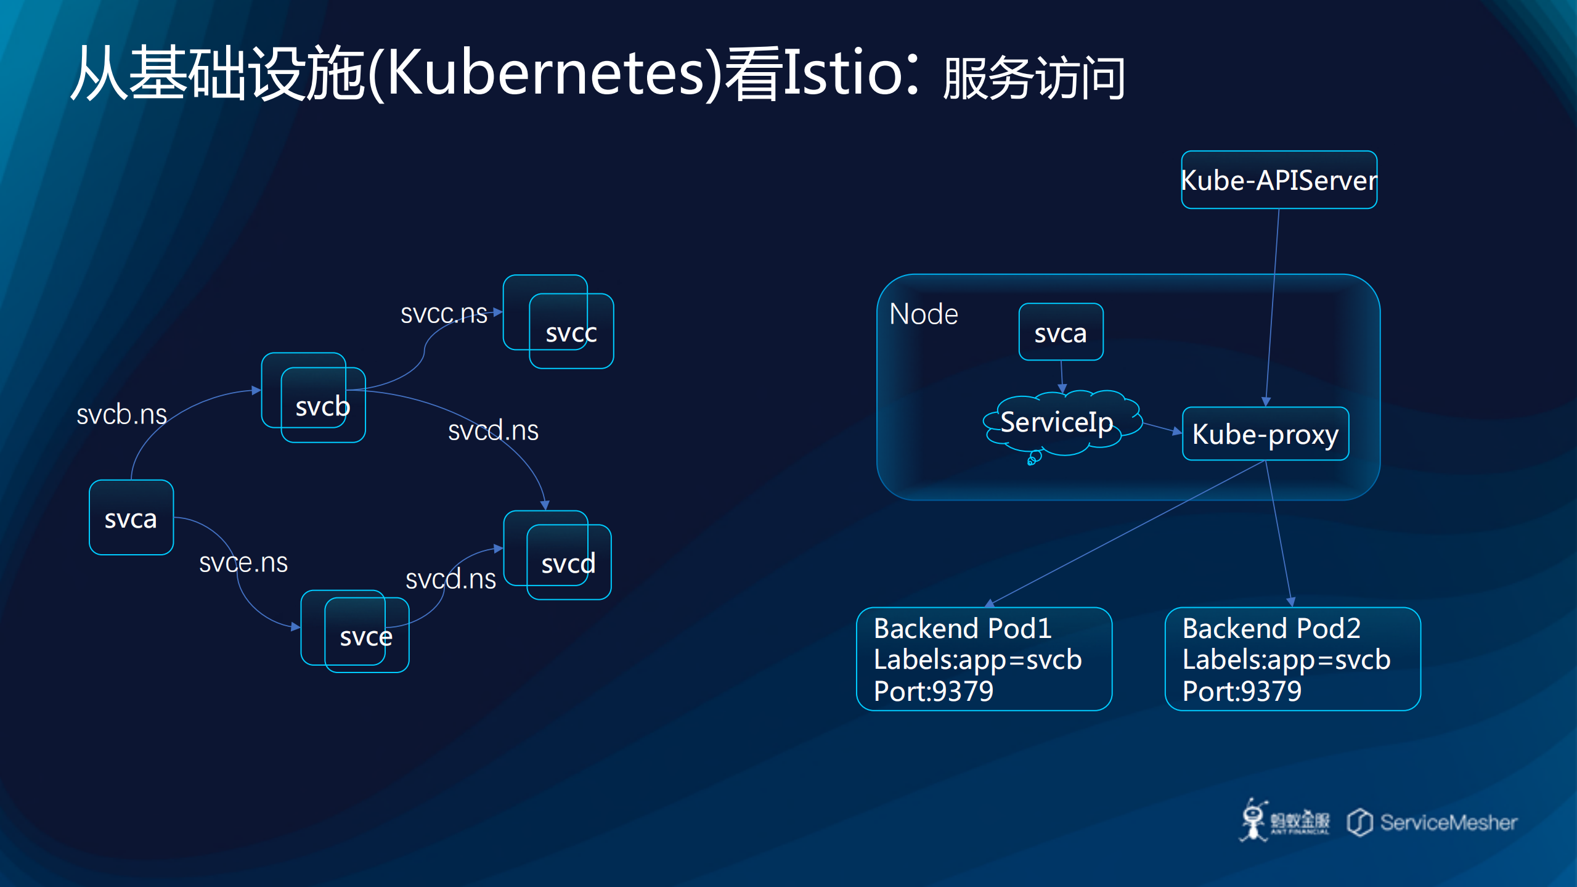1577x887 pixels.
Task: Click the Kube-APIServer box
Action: tap(1279, 180)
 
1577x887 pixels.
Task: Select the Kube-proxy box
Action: tap(1265, 434)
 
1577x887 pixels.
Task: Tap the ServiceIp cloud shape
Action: tap(1057, 423)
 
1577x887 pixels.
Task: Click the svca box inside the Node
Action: tap(1061, 332)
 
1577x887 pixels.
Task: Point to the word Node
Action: tap(924, 314)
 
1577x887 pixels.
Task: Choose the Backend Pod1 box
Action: tap(984, 658)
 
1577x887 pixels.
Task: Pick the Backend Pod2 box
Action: tap(1292, 658)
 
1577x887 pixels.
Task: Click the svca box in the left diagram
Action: tap(131, 518)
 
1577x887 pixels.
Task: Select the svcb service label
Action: tap(322, 406)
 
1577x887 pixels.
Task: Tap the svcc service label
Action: tap(571, 333)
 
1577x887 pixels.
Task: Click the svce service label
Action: tap(366, 637)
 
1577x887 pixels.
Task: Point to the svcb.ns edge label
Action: tap(121, 414)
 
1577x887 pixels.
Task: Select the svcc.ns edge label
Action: tap(444, 314)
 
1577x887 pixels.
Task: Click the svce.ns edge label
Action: tap(243, 562)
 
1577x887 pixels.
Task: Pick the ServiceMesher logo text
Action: tap(1448, 822)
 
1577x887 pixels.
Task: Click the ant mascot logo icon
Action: tap(1253, 820)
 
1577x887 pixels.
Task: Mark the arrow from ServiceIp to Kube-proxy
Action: tap(1162, 428)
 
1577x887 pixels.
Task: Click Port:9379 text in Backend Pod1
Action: tap(934, 691)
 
